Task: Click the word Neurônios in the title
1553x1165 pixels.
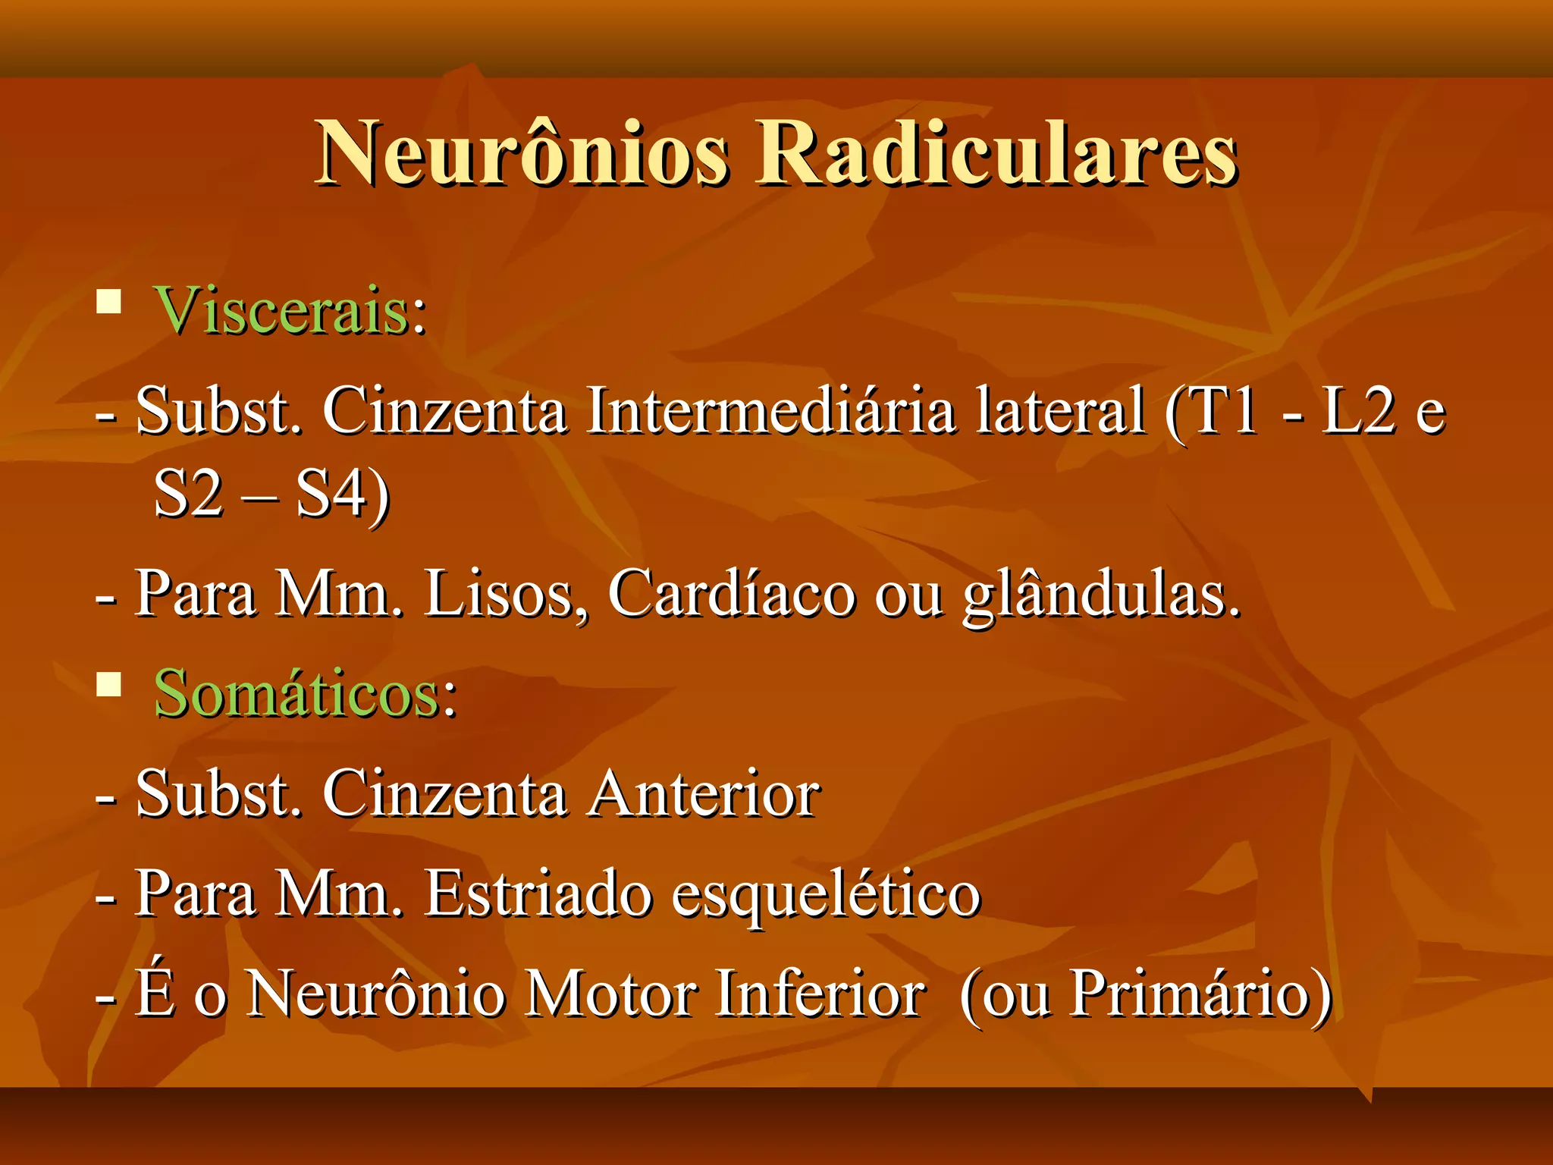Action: click(523, 154)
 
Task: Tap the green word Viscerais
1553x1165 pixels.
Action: click(281, 311)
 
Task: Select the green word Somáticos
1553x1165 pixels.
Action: click(296, 694)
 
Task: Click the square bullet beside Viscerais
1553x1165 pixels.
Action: click(109, 303)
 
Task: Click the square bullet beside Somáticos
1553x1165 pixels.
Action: click(109, 685)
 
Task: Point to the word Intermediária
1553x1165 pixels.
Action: click(770, 411)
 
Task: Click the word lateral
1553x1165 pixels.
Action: click(1059, 411)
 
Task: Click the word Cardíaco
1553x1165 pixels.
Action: click(731, 594)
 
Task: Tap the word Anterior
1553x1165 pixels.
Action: click(704, 794)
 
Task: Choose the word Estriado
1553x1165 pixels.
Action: click(538, 893)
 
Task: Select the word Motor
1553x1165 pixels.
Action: click(610, 994)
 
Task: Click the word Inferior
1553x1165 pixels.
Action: click(819, 994)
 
